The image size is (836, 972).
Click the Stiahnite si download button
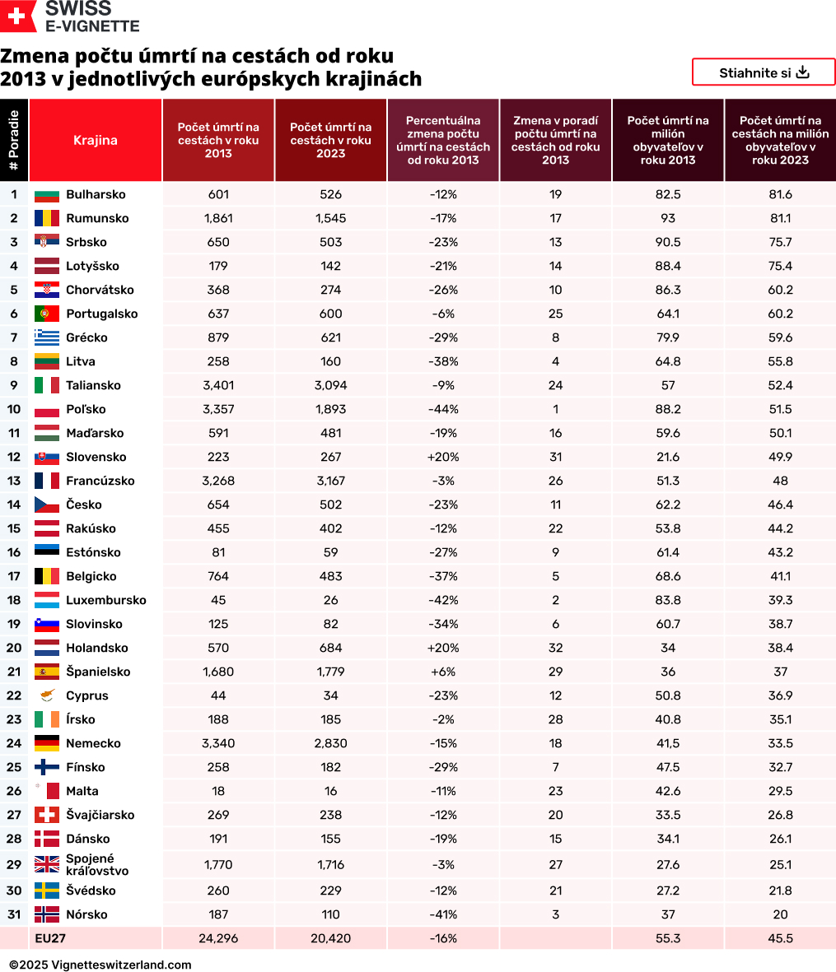pos(764,72)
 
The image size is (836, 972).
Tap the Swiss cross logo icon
pos(18,16)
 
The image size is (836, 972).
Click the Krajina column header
pos(95,140)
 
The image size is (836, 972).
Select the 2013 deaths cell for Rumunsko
pos(218,218)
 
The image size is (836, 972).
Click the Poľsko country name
pos(86,409)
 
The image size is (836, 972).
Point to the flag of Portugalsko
pos(47,314)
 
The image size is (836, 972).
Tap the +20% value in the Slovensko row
pos(443,457)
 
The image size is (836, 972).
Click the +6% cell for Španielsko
pos(443,672)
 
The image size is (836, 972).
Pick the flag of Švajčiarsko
pos(47,815)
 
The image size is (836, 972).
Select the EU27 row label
pos(50,938)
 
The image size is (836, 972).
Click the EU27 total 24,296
pos(218,938)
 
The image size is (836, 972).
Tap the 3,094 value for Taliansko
pos(330,385)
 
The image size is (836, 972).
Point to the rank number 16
pos(14,552)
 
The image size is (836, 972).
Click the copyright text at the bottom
pos(100,965)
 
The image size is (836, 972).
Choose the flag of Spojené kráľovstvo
pos(47,864)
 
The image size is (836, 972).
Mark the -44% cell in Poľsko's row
pos(443,409)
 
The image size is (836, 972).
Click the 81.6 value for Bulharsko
pos(780,194)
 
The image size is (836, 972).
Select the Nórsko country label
pos(86,914)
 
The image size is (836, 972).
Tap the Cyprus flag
pos(47,695)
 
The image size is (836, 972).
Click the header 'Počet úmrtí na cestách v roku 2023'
pos(330,140)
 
